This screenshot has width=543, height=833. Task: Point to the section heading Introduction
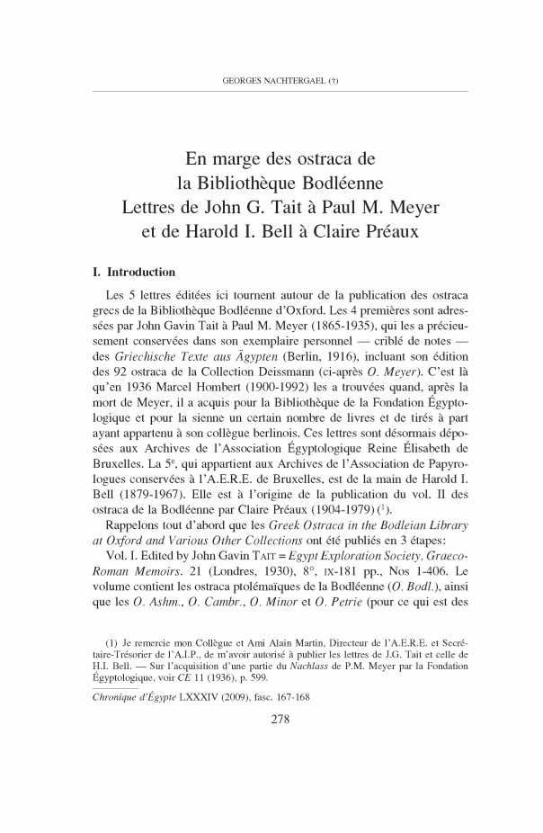[140, 271]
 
